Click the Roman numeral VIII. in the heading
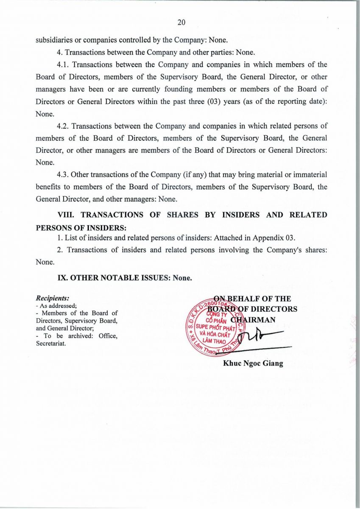66,215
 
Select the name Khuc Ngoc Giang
253,364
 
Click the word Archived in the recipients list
79,336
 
